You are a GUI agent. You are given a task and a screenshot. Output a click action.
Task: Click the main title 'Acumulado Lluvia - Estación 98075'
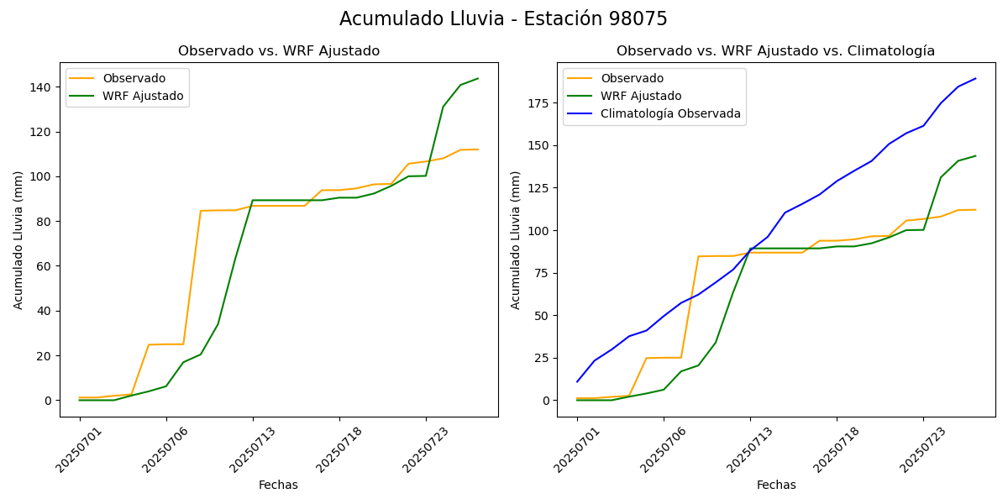pyautogui.click(x=503, y=19)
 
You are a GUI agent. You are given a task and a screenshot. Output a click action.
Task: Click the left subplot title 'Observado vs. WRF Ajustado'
pyautogui.click(x=279, y=51)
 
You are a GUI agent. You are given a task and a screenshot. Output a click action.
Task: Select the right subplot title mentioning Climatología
pyautogui.click(x=775, y=51)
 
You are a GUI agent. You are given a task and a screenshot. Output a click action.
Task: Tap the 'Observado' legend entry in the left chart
pyautogui.click(x=134, y=78)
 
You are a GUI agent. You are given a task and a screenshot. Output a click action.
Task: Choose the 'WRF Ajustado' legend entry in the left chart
pyautogui.click(x=143, y=96)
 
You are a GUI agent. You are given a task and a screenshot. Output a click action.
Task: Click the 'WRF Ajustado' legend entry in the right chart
pyautogui.click(x=641, y=96)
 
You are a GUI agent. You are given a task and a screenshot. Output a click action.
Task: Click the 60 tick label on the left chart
pyautogui.click(x=43, y=266)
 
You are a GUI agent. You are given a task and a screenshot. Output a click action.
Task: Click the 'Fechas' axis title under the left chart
pyautogui.click(x=278, y=485)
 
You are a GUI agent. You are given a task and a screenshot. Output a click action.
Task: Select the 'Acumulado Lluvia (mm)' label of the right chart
pyautogui.click(x=516, y=239)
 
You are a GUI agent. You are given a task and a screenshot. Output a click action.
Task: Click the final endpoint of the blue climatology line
pyautogui.click(x=975, y=79)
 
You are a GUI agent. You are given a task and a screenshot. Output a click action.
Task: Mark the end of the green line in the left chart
pyautogui.click(x=478, y=79)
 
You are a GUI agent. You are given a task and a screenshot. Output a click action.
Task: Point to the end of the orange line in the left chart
pyautogui.click(x=478, y=150)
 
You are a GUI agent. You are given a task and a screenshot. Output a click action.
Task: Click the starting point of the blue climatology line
pyautogui.click(x=577, y=381)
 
